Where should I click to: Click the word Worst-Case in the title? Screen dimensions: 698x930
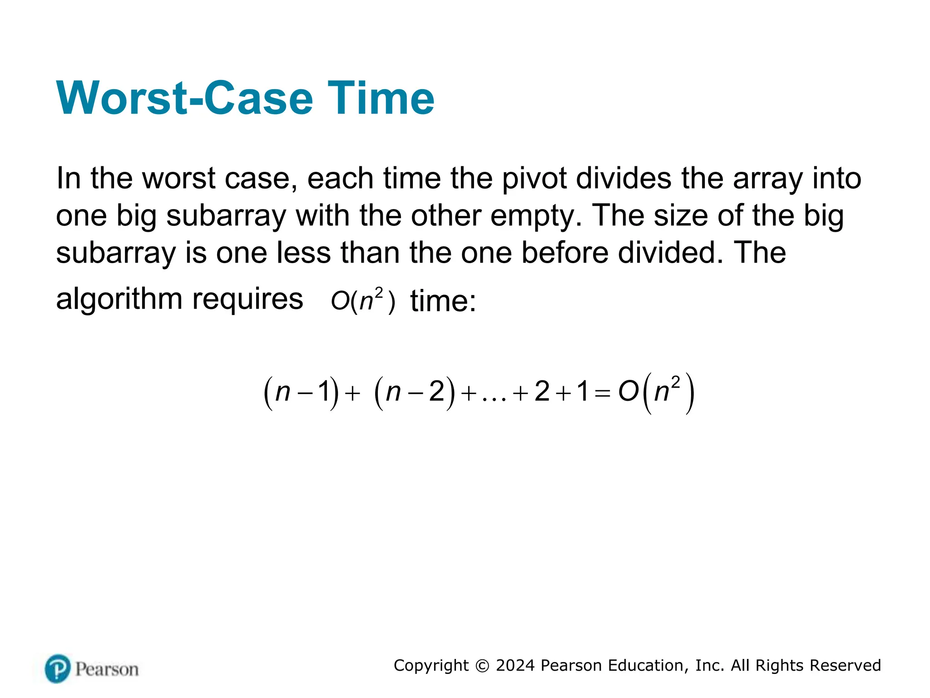(x=184, y=98)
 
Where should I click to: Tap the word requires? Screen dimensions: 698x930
(x=247, y=300)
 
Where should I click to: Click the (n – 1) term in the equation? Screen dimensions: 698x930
(x=301, y=392)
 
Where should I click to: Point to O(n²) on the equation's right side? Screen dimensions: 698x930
(x=656, y=392)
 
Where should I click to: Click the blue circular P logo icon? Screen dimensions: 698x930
(x=58, y=668)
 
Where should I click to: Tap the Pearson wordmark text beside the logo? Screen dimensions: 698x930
(x=107, y=669)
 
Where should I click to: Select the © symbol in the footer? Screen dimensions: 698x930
(x=482, y=666)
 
